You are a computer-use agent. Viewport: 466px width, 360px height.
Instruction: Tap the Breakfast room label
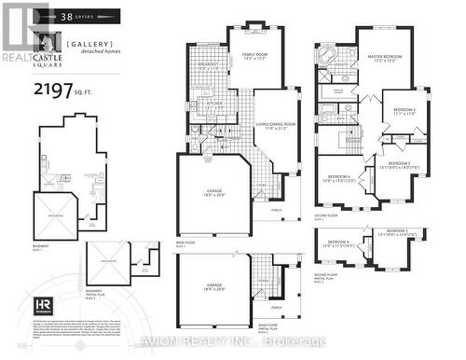[208, 65]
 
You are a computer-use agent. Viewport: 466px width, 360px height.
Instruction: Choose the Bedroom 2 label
[404, 110]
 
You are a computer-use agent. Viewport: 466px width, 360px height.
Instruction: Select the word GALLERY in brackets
[89, 43]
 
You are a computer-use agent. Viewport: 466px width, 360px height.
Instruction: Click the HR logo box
[43, 305]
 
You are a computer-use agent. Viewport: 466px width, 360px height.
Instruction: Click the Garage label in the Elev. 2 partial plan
[214, 287]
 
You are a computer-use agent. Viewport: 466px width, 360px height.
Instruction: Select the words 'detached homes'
[90, 53]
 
